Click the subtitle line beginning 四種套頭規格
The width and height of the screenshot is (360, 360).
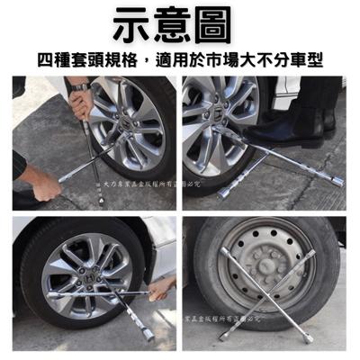[x=180, y=59]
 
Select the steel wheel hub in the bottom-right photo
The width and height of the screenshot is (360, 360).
[x=265, y=271]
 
